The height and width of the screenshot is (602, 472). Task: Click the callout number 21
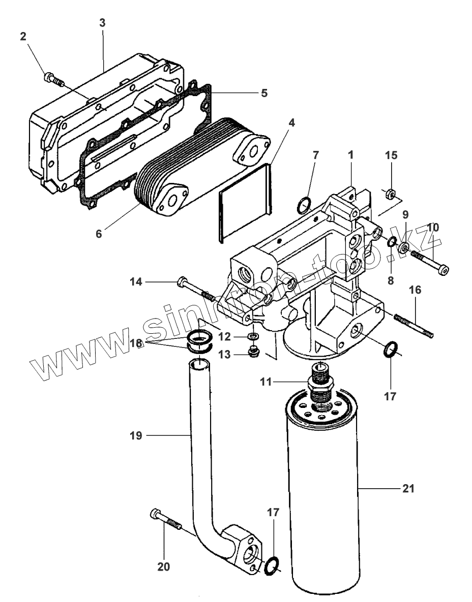coord(408,489)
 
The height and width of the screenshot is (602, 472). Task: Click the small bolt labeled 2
coord(52,78)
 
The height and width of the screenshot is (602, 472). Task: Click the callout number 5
coord(264,93)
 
